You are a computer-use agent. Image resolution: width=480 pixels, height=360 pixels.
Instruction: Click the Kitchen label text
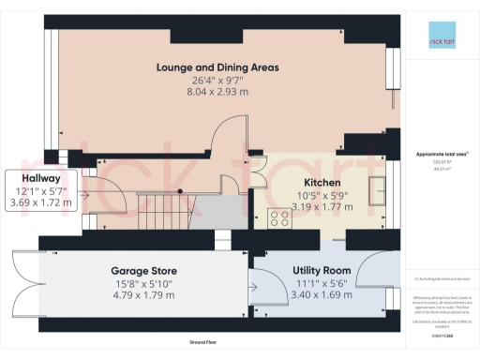(322, 183)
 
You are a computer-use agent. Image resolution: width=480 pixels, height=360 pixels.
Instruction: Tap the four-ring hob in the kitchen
(279, 219)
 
